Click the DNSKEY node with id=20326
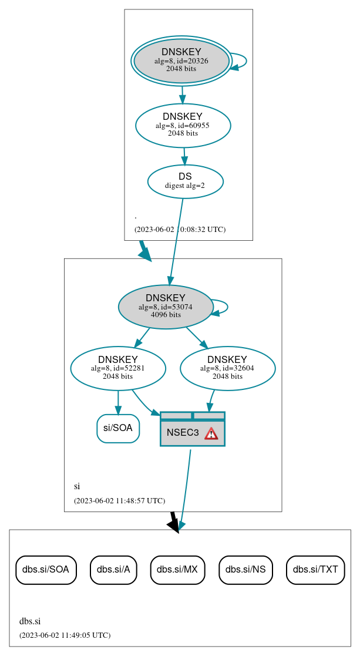click(x=181, y=61)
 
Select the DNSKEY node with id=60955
click(x=183, y=125)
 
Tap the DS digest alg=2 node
click(x=185, y=181)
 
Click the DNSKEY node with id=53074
click(x=166, y=307)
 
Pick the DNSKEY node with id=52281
click(x=118, y=368)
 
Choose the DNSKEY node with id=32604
click(x=227, y=368)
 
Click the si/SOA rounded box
click(x=118, y=428)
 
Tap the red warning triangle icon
click(x=211, y=433)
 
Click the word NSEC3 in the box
click(x=183, y=433)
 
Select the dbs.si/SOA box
click(x=46, y=569)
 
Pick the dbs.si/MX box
click(x=177, y=569)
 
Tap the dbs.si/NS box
click(x=245, y=569)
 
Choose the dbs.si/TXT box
click(x=315, y=569)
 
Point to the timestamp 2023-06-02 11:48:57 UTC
click(x=119, y=501)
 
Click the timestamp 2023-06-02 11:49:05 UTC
click(x=65, y=635)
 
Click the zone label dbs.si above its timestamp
click(x=30, y=621)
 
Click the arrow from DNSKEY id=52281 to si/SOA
click(x=118, y=402)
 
